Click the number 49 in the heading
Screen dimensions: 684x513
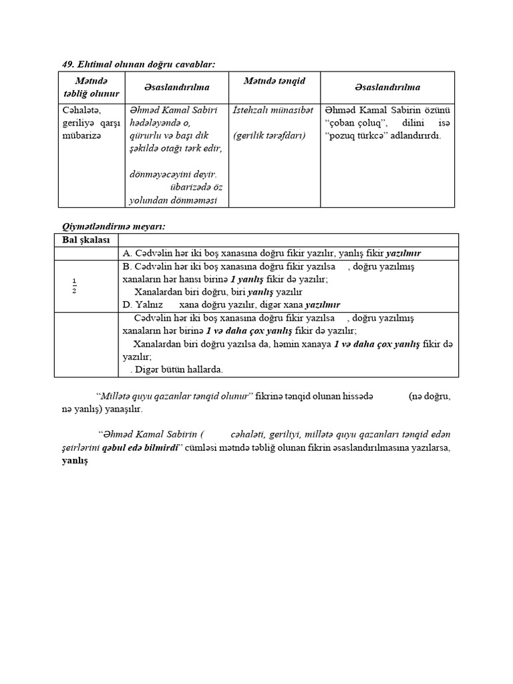pos(67,64)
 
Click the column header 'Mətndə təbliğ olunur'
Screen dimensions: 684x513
pos(88,87)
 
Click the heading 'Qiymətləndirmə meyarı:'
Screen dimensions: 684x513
pos(109,227)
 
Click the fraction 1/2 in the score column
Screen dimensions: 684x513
pos(74,285)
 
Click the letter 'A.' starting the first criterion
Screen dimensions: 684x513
pos(128,253)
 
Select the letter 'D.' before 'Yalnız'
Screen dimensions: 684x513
pos(128,304)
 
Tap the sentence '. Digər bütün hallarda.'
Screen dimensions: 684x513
pos(176,369)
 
